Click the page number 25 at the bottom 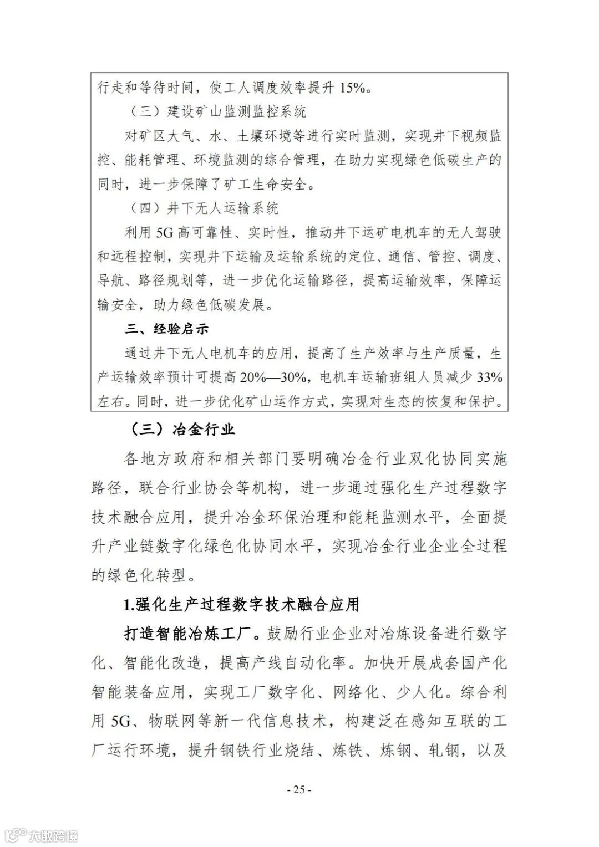(299, 789)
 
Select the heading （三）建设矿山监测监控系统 (218, 111)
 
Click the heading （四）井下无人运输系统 (204, 208)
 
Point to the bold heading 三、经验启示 (166, 329)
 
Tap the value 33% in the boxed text (490, 377)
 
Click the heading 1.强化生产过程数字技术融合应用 (241, 604)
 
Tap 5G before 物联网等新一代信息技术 (120, 721)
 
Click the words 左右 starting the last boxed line (111, 401)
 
